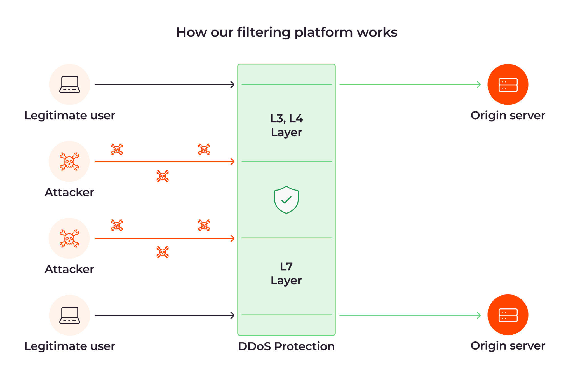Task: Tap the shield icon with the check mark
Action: pos(286,200)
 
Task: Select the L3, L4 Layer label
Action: pos(286,125)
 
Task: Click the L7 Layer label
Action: pos(286,273)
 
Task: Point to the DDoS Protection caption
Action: pos(286,346)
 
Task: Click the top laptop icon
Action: pos(69,84)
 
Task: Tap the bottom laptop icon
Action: pos(69,315)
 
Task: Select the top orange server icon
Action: pos(508,85)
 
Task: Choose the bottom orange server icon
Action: pos(508,315)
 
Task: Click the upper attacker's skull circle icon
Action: pos(69,161)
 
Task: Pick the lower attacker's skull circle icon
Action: pos(69,238)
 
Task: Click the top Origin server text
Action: pos(508,115)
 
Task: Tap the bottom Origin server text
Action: pos(508,346)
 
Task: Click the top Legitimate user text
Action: pos(70,115)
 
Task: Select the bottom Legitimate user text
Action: pos(70,346)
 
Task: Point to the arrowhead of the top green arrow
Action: pos(479,85)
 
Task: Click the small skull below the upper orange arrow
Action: pos(163,176)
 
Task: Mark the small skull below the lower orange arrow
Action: pos(163,252)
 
